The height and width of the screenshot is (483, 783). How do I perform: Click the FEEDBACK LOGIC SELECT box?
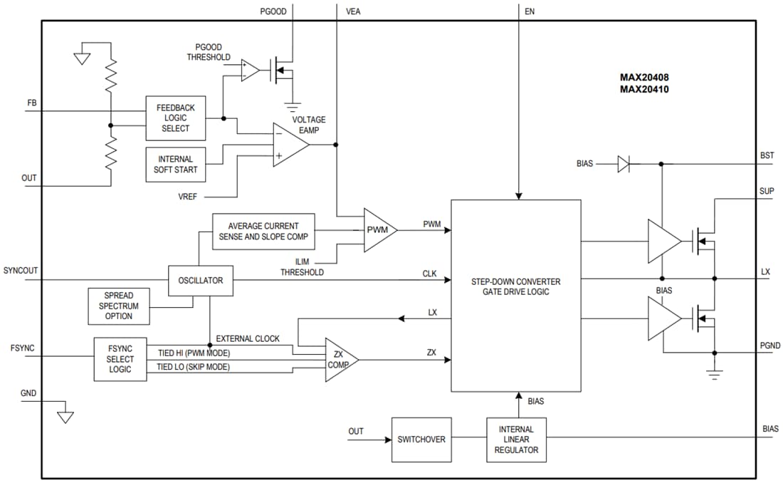[175, 118]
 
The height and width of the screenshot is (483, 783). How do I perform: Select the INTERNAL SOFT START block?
[175, 165]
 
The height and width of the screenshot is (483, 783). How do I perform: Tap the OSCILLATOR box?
[200, 280]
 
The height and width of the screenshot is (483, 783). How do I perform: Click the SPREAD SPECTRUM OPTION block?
[118, 306]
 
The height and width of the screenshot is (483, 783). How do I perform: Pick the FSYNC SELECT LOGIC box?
[120, 359]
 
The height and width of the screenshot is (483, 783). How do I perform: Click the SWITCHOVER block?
[421, 440]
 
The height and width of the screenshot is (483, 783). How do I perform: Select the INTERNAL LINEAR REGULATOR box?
[516, 440]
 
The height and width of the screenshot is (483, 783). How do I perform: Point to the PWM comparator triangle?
[378, 230]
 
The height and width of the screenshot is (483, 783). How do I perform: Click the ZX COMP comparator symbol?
[339, 359]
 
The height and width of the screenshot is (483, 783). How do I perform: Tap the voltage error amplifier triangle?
[288, 145]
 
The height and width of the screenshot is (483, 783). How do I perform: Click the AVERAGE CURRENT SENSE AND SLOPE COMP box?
[263, 231]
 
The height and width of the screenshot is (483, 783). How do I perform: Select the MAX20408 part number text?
[643, 77]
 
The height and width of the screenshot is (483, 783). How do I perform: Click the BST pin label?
[767, 155]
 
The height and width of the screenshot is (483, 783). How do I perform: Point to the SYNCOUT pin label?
[20, 271]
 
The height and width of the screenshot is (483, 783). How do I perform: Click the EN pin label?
[530, 11]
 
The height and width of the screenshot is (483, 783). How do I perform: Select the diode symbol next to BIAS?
[624, 165]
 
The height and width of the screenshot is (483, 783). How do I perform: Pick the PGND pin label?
[770, 346]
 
